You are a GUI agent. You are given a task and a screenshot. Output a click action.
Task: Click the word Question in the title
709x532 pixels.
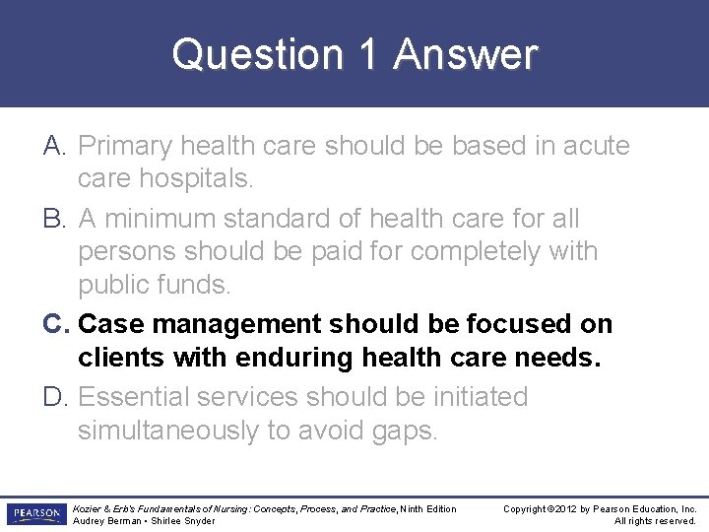click(x=258, y=55)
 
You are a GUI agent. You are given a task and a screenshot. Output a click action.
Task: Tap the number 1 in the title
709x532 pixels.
click(x=369, y=55)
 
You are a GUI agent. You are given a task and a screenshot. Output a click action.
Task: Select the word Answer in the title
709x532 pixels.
click(x=466, y=55)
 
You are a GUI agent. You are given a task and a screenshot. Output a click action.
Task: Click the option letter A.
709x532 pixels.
click(x=54, y=146)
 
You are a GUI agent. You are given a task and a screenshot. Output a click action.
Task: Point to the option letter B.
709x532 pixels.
click(x=54, y=218)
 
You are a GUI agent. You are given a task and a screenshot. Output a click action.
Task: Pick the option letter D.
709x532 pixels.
click(x=55, y=397)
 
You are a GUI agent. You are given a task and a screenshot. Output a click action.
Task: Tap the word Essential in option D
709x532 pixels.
click(x=134, y=397)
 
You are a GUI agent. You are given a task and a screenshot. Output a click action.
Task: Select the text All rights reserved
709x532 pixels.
click(x=655, y=521)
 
